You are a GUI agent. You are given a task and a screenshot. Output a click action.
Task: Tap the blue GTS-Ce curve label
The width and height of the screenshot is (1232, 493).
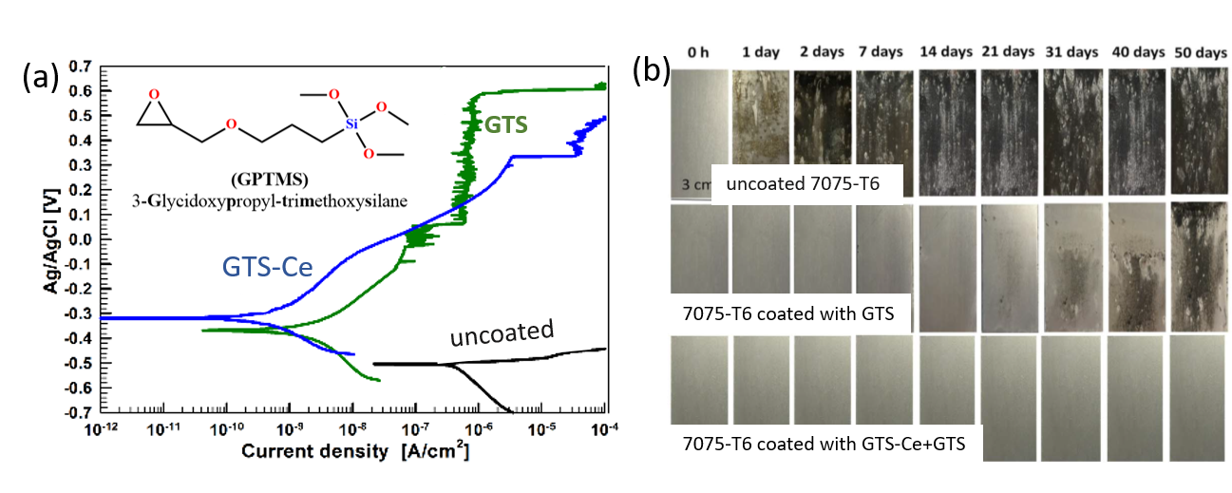268,267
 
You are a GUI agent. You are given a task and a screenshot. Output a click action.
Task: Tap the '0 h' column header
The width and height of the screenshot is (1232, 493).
698,52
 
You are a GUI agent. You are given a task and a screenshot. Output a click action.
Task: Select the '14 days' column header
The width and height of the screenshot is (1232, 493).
947,52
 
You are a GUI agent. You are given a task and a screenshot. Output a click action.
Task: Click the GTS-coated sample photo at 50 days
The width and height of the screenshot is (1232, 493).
1200,267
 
